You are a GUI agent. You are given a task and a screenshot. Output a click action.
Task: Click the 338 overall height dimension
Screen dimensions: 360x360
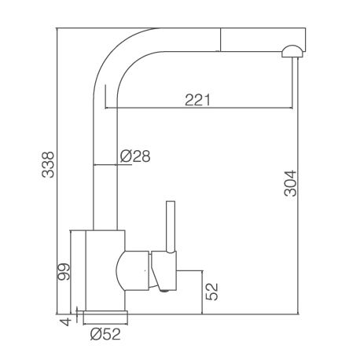pos(48,164)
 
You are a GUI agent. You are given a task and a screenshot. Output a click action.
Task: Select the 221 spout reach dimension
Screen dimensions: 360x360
pos(197,100)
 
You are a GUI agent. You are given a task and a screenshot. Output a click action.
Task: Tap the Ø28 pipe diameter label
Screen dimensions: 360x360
pos(135,156)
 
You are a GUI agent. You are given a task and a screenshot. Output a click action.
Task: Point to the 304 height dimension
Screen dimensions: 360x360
pos(290,183)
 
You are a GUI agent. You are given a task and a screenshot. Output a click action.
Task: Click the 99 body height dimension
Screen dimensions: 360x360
pos(64,272)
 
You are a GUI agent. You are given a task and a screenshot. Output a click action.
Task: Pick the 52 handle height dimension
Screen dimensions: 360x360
pos(212,292)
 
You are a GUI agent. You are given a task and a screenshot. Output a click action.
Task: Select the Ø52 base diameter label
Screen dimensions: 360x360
pos(105,334)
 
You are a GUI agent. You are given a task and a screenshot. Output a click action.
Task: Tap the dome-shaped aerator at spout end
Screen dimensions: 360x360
pos(292,51)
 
